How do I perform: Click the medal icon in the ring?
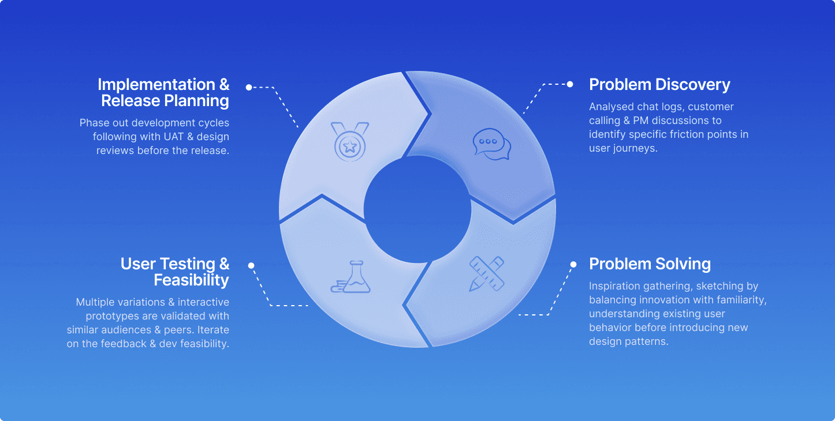(x=349, y=142)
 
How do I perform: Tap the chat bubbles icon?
(x=491, y=144)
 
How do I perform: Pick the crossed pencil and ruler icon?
(x=486, y=273)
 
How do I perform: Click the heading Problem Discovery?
(x=659, y=85)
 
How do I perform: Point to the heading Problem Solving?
(x=650, y=264)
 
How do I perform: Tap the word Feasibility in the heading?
(x=191, y=280)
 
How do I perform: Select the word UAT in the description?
(x=170, y=137)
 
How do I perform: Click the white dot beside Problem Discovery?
(x=570, y=84)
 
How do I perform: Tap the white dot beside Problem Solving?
(x=573, y=265)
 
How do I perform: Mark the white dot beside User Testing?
(x=251, y=265)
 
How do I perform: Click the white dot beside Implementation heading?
(x=249, y=88)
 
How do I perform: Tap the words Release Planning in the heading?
(x=165, y=101)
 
